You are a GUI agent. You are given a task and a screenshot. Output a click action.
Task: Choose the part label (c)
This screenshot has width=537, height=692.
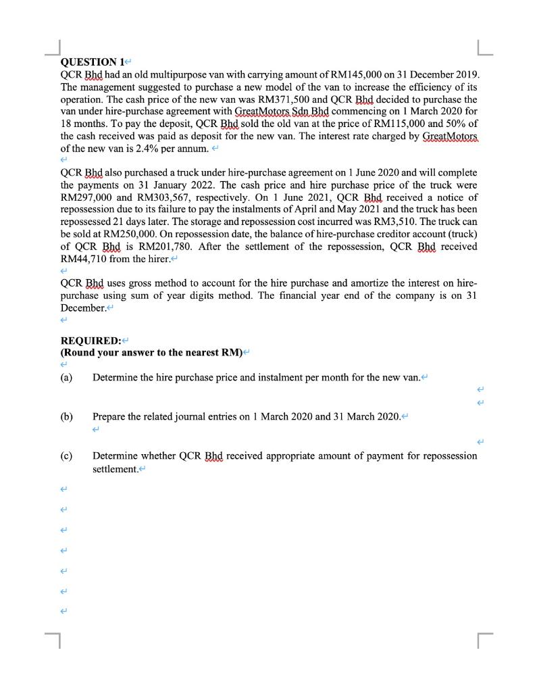pyautogui.click(x=67, y=455)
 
